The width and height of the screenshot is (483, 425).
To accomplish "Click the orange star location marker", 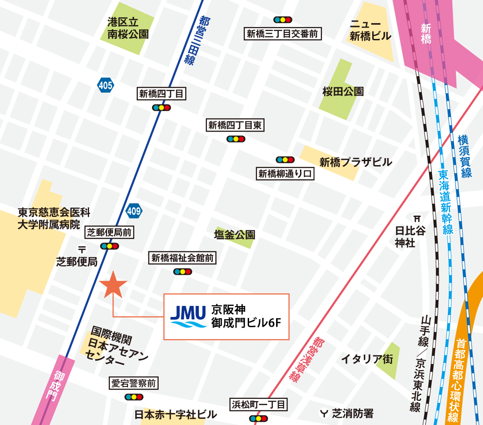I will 113,285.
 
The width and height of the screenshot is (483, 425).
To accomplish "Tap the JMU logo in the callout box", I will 188,317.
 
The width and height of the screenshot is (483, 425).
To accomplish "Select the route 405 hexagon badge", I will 105,85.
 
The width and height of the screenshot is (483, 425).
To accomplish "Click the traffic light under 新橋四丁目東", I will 235,139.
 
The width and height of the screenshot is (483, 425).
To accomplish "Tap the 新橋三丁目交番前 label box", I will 283,34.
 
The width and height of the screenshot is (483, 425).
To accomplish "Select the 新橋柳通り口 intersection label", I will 285,174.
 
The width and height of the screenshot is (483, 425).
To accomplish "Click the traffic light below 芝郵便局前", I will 109,246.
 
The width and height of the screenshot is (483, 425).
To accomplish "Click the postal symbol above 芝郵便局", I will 82,249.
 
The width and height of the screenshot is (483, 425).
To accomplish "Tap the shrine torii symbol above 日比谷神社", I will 417,218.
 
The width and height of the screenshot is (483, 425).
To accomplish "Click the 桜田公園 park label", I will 343,92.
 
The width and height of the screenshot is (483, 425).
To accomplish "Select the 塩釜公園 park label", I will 234,234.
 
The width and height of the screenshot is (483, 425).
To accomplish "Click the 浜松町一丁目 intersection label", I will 259,404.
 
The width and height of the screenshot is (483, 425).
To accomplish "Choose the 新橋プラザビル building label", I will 355,162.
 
